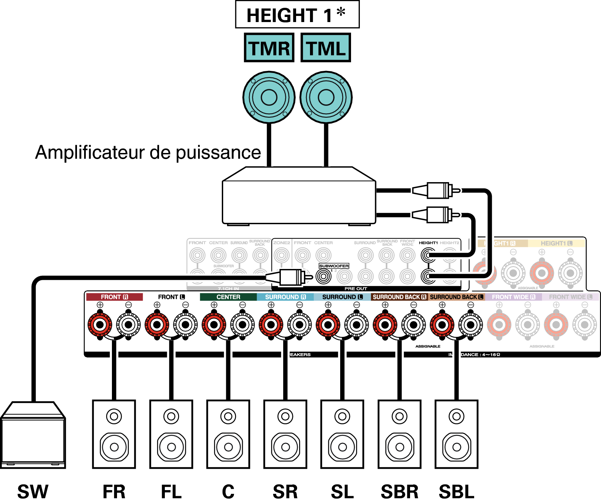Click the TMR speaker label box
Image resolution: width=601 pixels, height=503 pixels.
[x=269, y=48]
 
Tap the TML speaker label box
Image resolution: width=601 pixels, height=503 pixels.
[x=326, y=48]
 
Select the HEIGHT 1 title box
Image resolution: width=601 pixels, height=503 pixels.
[x=297, y=15]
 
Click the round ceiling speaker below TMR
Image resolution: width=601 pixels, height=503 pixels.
[x=269, y=97]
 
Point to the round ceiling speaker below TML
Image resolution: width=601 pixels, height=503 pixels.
[x=326, y=97]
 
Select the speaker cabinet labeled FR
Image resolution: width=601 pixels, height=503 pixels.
[x=114, y=434]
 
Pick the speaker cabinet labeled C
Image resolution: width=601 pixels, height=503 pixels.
[x=228, y=434]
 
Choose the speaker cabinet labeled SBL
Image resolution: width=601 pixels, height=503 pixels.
[x=457, y=434]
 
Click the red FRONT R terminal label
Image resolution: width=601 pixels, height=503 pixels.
[x=114, y=297]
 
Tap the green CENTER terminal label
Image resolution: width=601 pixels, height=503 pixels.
[x=228, y=297]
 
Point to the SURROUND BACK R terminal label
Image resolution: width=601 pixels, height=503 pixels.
[x=399, y=297]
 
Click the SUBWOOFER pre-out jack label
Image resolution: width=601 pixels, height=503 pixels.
[x=334, y=266]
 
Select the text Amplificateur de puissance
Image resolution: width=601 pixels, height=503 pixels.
[x=148, y=152]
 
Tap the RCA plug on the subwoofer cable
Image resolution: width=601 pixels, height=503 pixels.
[x=290, y=277]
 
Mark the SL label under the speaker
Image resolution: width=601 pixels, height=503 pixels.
[x=342, y=491]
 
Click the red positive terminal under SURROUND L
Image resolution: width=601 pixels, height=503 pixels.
[x=328, y=325]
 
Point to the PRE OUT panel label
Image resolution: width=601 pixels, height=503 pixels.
[x=356, y=289]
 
